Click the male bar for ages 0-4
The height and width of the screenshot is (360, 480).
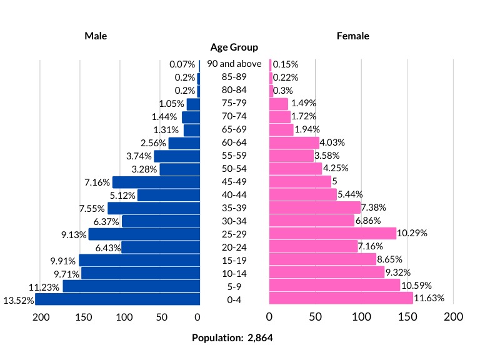(117, 299)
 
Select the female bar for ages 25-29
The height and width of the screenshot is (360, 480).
(332, 234)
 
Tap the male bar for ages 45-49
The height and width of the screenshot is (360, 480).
(156, 182)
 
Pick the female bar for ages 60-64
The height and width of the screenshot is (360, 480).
(294, 142)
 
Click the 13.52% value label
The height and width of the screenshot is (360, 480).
(18, 300)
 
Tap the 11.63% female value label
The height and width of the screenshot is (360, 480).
(429, 299)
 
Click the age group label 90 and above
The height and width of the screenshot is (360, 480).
(234, 64)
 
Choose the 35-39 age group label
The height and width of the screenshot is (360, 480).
(234, 207)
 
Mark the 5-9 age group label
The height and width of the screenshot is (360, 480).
(234, 286)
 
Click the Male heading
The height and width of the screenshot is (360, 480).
(96, 36)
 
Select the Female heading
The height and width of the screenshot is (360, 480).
(353, 36)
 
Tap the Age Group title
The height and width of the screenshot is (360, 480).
(234, 47)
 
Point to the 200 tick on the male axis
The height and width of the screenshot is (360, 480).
(41, 317)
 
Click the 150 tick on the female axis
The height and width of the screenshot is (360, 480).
(407, 317)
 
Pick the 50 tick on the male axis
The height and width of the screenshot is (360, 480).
(162, 317)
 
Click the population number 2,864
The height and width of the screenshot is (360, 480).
(260, 338)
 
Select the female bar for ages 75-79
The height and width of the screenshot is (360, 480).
(278, 103)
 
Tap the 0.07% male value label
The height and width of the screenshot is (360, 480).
(182, 64)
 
